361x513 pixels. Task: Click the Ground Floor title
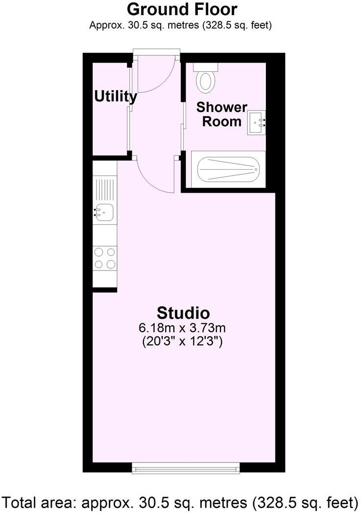click(x=182, y=9)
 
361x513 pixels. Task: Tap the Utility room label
click(x=116, y=96)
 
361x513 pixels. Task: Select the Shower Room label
click(x=222, y=114)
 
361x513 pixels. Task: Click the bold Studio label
click(x=183, y=312)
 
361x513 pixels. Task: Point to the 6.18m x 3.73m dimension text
click(x=183, y=328)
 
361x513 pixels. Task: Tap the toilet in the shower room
click(x=205, y=81)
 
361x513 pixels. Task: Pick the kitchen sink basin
click(x=104, y=212)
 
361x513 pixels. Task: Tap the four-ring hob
click(x=105, y=258)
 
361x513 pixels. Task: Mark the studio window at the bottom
click(x=186, y=468)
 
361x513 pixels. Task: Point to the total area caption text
click(x=180, y=502)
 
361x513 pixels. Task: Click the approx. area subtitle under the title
click(x=181, y=25)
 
